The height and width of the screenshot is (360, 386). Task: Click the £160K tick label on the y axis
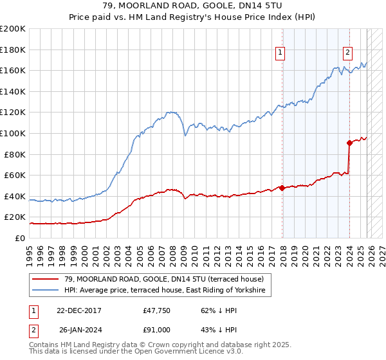pos(13,70)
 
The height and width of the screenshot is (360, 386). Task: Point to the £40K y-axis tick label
pos(15,196)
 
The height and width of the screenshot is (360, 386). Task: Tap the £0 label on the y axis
pos(20,238)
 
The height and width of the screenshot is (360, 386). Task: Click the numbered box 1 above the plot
pos(281,53)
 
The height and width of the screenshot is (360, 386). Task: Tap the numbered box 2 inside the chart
pos(347,53)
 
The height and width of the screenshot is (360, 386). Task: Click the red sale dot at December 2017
pos(282,188)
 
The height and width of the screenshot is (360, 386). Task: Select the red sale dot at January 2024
pos(349,143)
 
